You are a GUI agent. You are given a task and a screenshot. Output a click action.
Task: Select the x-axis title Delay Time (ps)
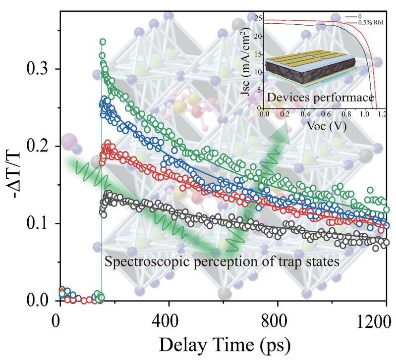tap(222, 344)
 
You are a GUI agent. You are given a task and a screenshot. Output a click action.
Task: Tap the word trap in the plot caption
tap(281, 260)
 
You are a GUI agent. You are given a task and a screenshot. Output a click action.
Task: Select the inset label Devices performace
tap(320, 99)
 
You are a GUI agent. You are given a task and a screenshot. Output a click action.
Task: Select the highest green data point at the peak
tap(103, 42)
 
